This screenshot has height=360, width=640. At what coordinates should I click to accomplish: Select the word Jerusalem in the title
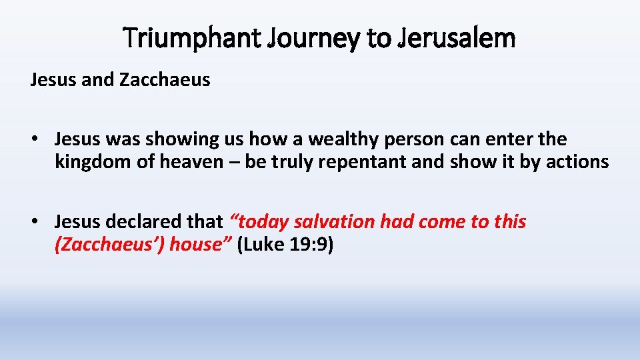(x=456, y=38)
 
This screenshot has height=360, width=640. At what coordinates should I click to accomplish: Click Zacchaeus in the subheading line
(x=165, y=81)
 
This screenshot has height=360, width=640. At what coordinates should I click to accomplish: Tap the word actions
(x=577, y=162)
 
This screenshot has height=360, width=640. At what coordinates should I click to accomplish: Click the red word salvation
(x=335, y=221)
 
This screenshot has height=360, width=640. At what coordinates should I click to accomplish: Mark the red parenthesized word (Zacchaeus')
(x=109, y=244)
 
